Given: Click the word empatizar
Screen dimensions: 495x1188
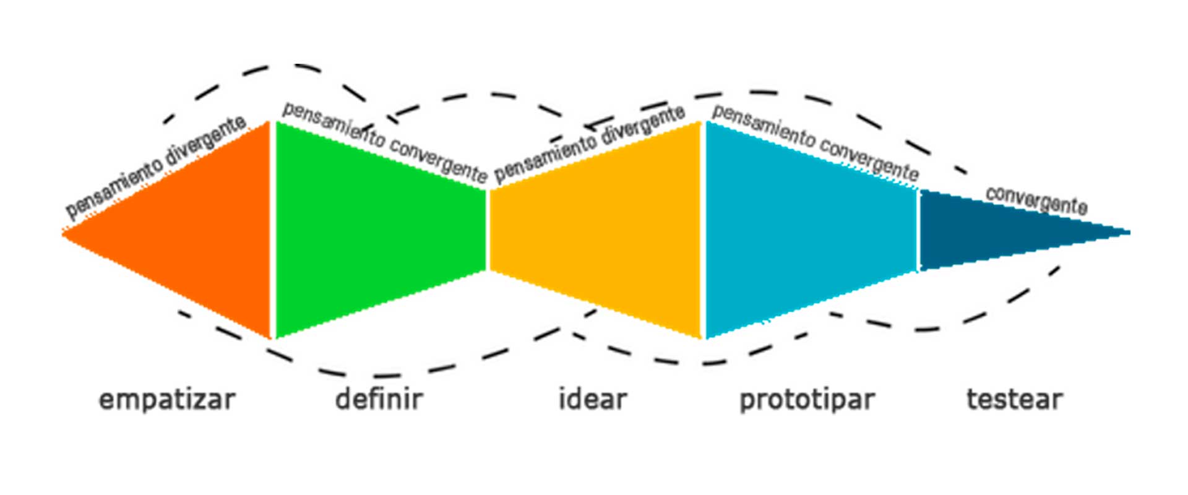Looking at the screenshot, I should tap(167, 400).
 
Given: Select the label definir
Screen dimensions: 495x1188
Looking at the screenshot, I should tap(379, 399).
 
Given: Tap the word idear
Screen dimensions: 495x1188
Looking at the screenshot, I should tap(593, 399).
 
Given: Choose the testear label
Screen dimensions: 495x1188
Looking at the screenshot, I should tap(1014, 400).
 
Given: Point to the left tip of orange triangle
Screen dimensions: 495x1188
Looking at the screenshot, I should tap(63, 233).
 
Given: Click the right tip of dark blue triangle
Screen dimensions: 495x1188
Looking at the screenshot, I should tap(1129, 233).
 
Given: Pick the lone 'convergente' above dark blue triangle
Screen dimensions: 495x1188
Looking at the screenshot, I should tap(1036, 199).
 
